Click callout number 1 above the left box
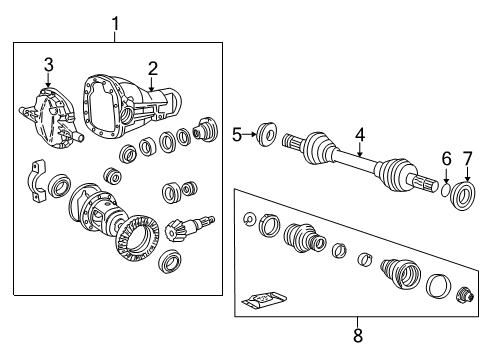point(115,21)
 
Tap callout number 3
point(47,67)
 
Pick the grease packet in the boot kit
point(265,297)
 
